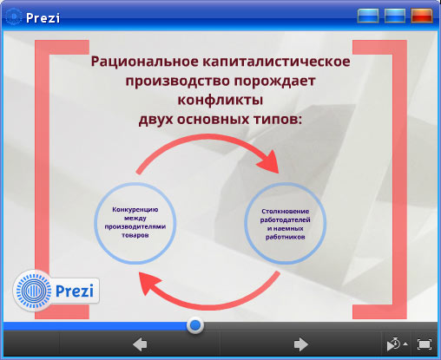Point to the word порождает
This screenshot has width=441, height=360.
(x=274, y=82)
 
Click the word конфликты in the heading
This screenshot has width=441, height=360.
(x=220, y=100)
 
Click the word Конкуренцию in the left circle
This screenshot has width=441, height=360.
(x=135, y=210)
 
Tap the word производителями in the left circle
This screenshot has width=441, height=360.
(x=135, y=226)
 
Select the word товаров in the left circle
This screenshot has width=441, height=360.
(x=135, y=235)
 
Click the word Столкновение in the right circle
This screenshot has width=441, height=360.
(x=286, y=212)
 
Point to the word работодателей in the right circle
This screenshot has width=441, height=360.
(x=286, y=220)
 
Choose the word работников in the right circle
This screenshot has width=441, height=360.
(x=286, y=237)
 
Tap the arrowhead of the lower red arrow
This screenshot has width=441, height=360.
(x=149, y=284)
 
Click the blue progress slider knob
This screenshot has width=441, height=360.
(x=195, y=325)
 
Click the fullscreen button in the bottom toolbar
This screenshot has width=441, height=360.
(x=425, y=344)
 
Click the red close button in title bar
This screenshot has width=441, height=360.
(x=422, y=16)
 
